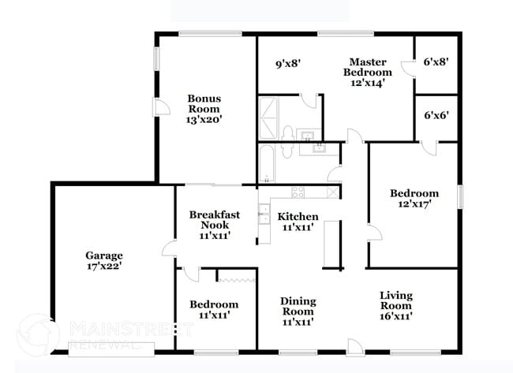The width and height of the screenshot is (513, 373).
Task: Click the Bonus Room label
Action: pyautogui.click(x=204, y=103)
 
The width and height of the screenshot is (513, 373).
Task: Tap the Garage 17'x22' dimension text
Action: pyautogui.click(x=104, y=266)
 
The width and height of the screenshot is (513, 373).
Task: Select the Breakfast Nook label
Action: pyautogui.click(x=215, y=220)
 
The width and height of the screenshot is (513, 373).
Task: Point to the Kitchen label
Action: pyautogui.click(x=298, y=216)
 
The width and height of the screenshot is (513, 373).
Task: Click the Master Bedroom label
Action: pyautogui.click(x=368, y=67)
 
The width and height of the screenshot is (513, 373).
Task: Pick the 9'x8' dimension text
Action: pyautogui.click(x=288, y=63)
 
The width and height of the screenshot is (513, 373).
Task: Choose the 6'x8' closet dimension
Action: pyautogui.click(x=436, y=62)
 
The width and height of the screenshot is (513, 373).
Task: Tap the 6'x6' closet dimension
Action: pyautogui.click(x=436, y=115)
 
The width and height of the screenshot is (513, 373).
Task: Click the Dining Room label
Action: pyautogui.click(x=298, y=306)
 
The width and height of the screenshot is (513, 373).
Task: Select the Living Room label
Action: pyautogui.click(x=396, y=300)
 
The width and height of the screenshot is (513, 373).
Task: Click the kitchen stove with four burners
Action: pyautogui.click(x=298, y=192)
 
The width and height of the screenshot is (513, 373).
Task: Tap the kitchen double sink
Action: pyautogui.click(x=264, y=214)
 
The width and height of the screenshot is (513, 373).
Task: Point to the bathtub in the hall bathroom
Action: pyautogui.click(x=267, y=163)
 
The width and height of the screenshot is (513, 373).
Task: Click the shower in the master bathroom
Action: pyautogui.click(x=268, y=118)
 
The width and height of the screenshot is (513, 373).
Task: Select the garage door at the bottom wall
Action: pyautogui.click(x=111, y=349)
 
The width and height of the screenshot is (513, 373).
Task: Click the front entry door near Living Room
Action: pyautogui.click(x=355, y=347)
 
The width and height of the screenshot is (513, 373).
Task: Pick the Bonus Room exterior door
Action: pyautogui.click(x=161, y=107)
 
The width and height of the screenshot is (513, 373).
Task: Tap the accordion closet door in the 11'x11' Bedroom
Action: pyautogui.click(x=237, y=280)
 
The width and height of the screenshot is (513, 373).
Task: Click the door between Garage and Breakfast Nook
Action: pyautogui.click(x=169, y=248)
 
